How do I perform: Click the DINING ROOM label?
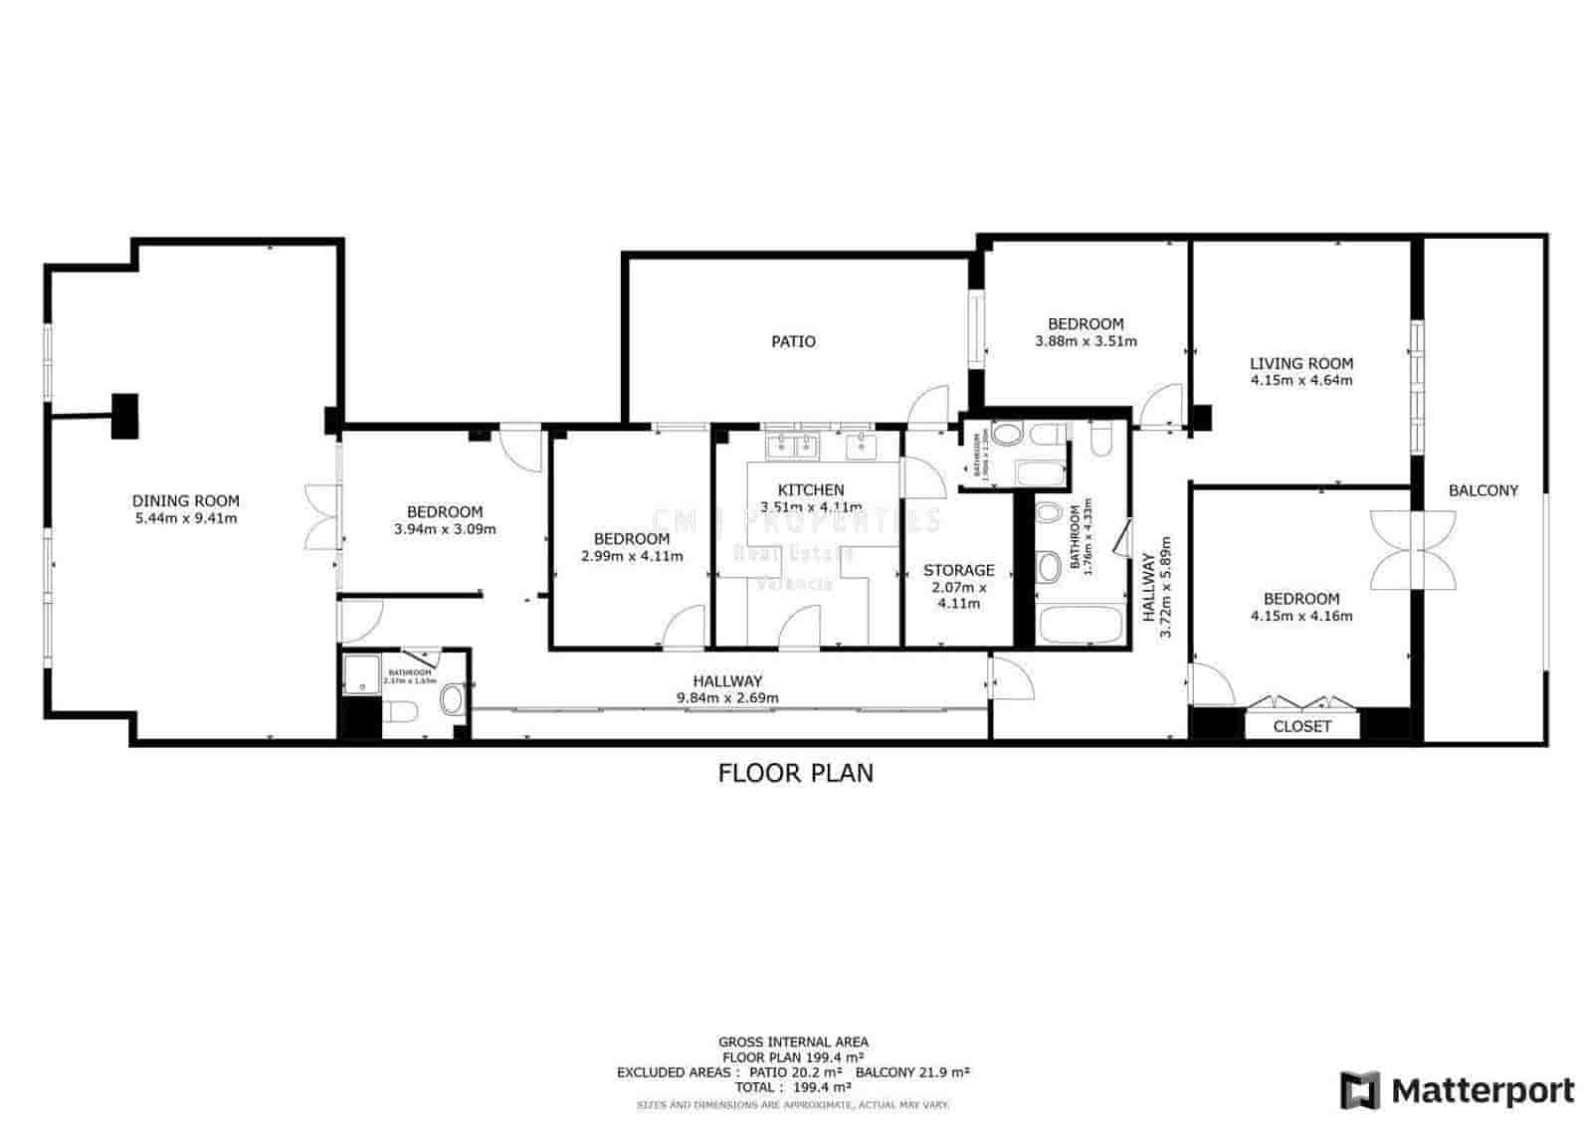pos(186,501)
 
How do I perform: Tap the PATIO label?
pos(793,342)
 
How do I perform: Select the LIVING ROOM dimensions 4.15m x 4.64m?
pos(1301,380)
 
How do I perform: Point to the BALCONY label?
pos(1483,490)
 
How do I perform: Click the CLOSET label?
pos(1301,727)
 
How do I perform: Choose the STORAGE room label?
pos(958,570)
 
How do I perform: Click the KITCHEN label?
pos(811,489)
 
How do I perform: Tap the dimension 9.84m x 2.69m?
pos(727,697)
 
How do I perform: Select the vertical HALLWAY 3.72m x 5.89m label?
pos(1156,589)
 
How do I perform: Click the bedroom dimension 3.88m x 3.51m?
pos(1086,341)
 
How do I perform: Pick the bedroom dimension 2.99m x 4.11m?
pos(632,556)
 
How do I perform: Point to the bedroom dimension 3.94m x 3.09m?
pos(445,529)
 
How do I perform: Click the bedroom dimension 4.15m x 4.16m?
pos(1301,616)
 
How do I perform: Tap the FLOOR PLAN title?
pos(796,773)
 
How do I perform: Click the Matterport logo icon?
pos(1359,1090)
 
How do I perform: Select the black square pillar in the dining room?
pos(124,416)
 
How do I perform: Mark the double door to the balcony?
pos(1413,550)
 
